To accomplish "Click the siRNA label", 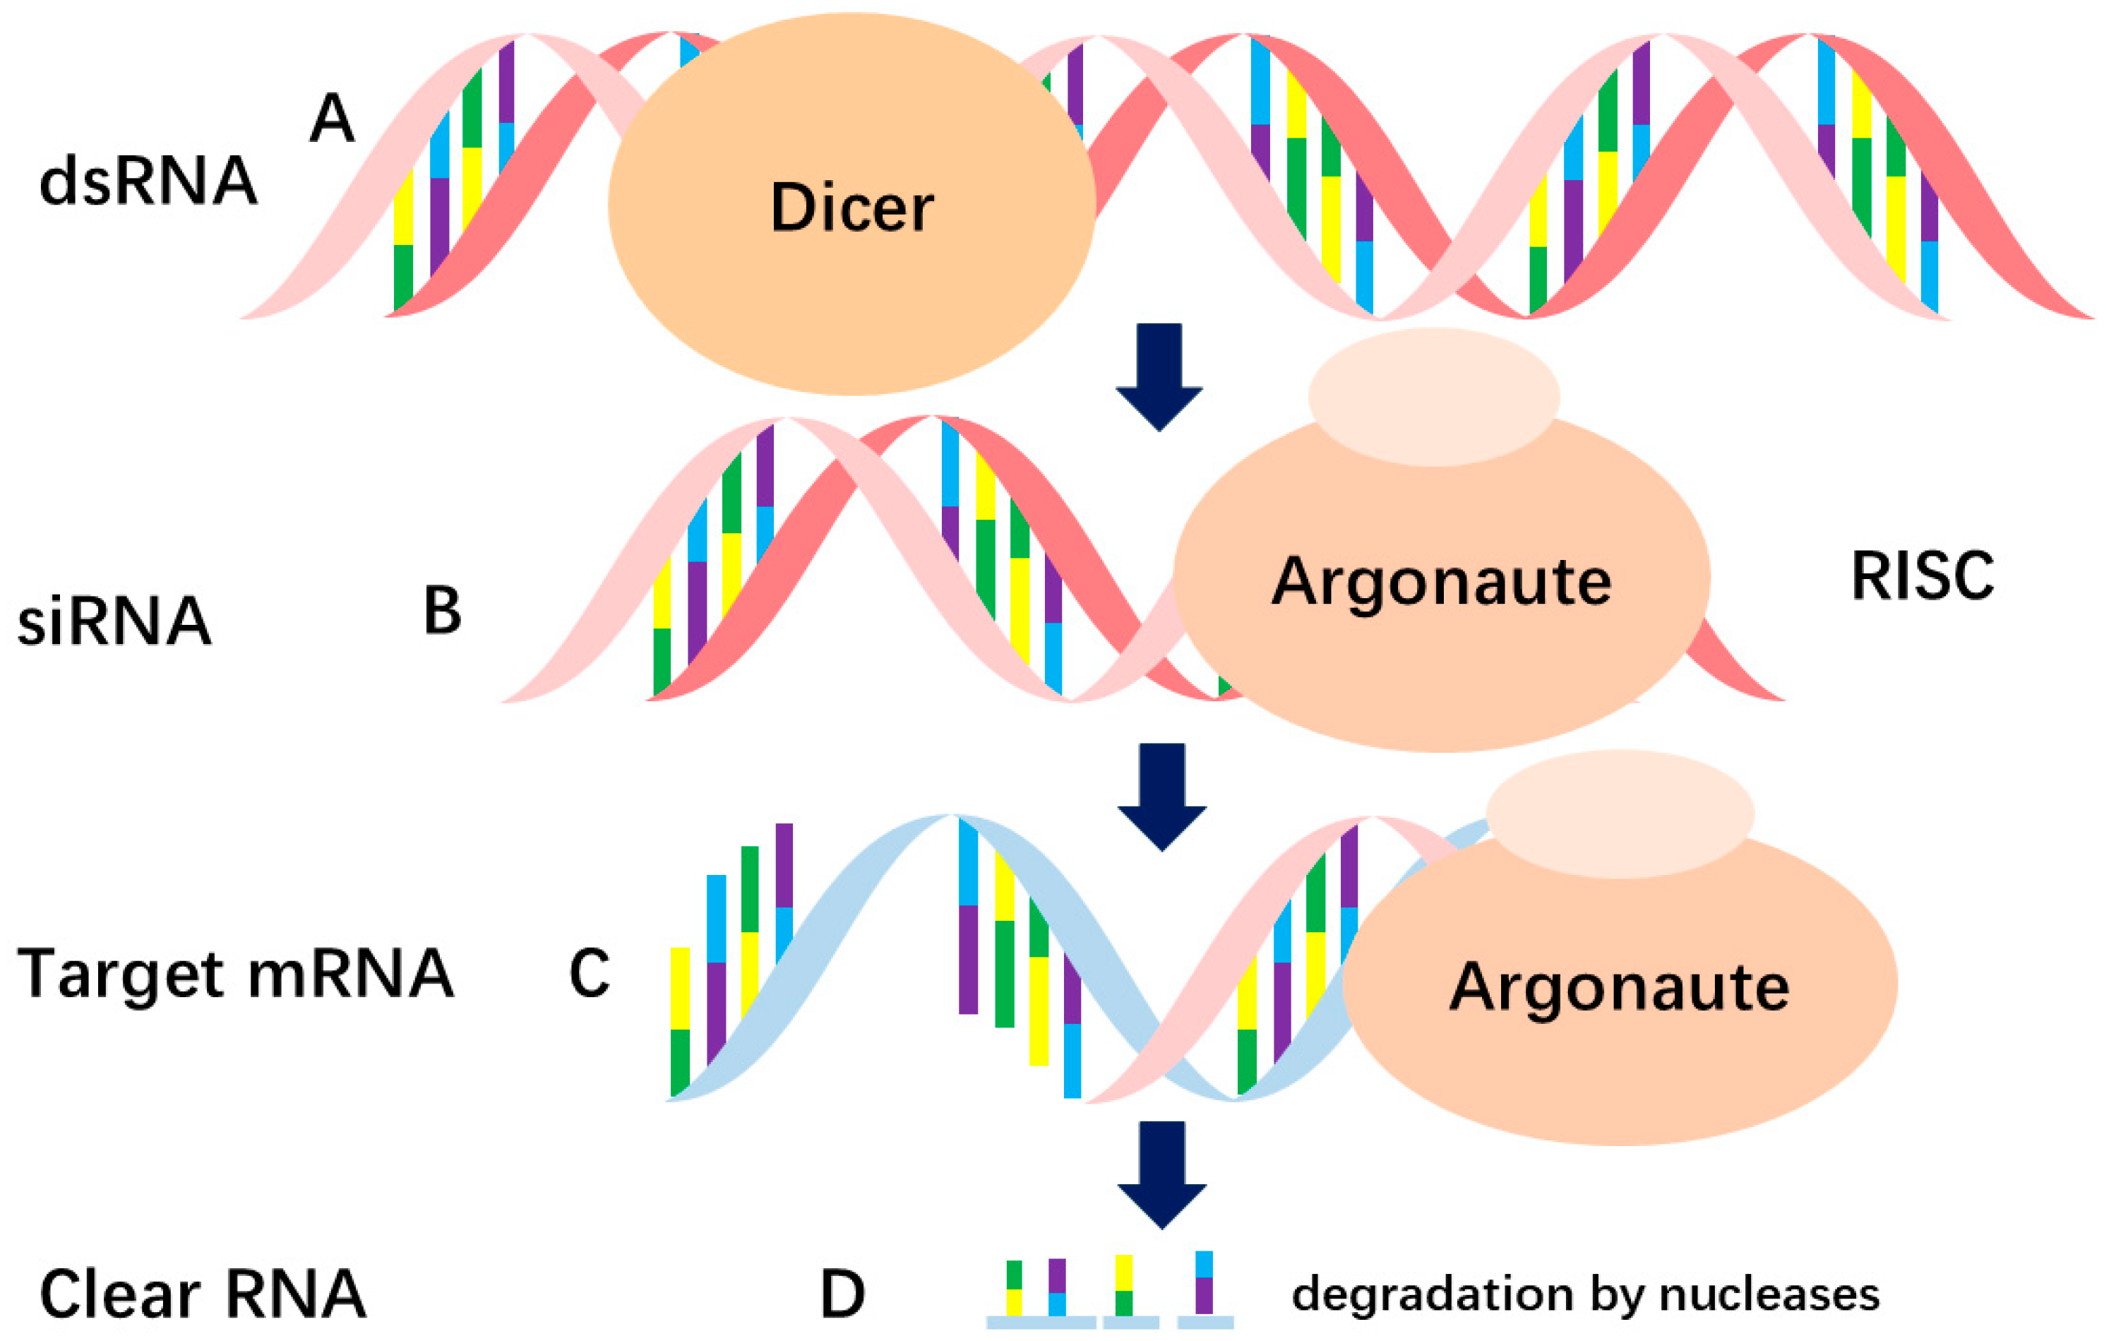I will click(x=114, y=621).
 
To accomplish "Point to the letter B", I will click(x=442, y=611).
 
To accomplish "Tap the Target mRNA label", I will click(x=236, y=974).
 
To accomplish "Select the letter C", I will click(x=589, y=973).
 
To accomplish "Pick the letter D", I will click(x=842, y=1294).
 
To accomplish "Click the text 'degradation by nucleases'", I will click(x=1585, y=1294).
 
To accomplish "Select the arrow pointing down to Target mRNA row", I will click(x=1161, y=795).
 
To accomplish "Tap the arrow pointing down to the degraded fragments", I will click(x=1161, y=1173).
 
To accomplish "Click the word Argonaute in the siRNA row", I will click(x=1441, y=582).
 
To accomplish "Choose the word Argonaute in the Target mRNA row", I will click(x=1619, y=987).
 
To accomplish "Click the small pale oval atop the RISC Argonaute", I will click(x=1434, y=396).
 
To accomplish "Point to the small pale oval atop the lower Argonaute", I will click(x=1620, y=813).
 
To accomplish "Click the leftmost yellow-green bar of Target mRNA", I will click(x=680, y=1020).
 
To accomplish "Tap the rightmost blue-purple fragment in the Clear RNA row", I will click(x=1204, y=1282).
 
